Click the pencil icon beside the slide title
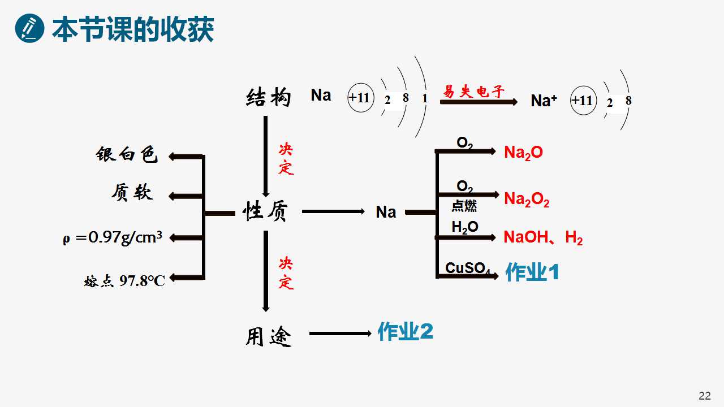[29, 28]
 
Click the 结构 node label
[268, 97]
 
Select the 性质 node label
[265, 211]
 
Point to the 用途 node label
[269, 336]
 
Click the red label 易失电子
[473, 92]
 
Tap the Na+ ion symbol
[544, 101]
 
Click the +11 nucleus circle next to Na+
[583, 101]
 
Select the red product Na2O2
[527, 199]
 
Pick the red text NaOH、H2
[543, 238]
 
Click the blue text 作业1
[532, 272]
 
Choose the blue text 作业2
[406, 331]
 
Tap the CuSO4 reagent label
[468, 268]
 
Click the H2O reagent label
[465, 227]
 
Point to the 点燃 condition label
[464, 206]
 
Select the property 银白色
[126, 154]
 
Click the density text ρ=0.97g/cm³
[113, 239]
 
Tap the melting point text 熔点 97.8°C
[124, 281]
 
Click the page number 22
[705, 396]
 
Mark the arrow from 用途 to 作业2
[340, 334]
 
